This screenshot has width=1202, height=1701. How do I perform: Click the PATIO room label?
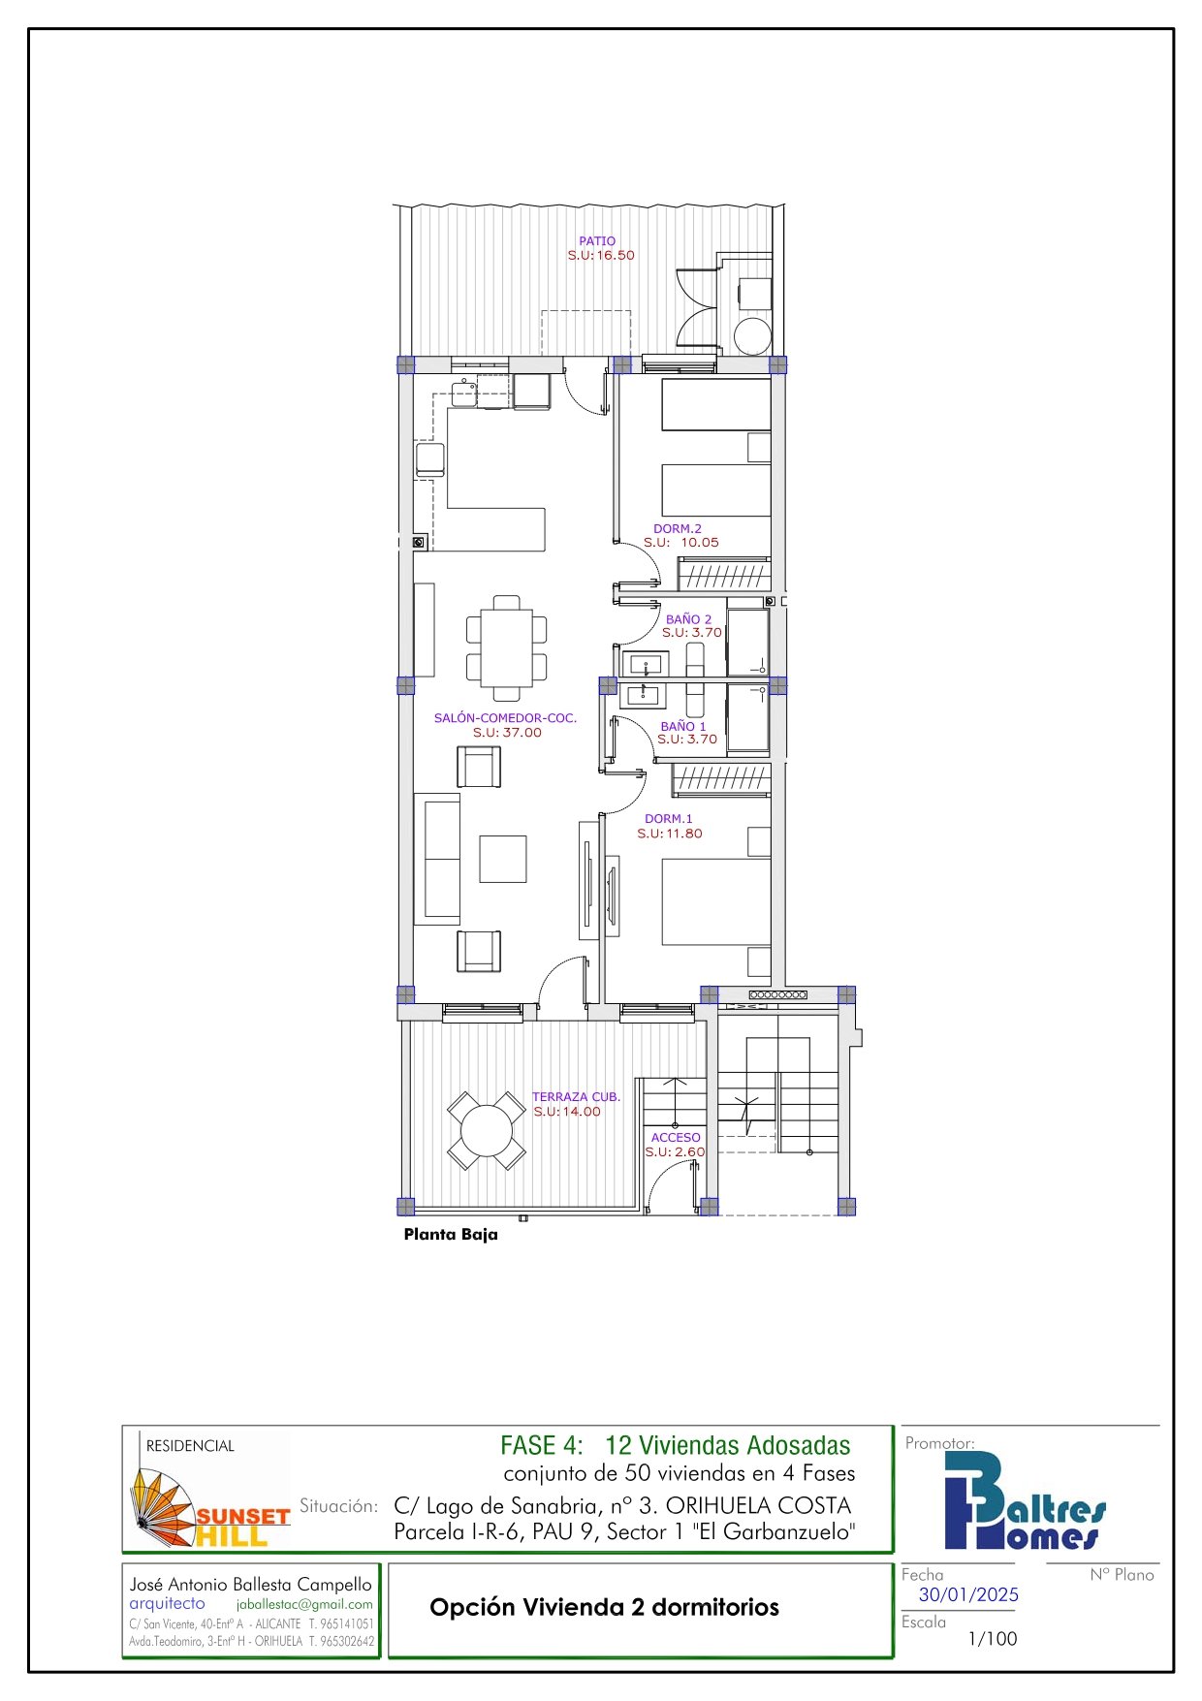point(597,241)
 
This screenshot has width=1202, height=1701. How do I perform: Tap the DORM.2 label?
point(678,529)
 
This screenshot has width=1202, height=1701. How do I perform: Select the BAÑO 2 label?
point(688,619)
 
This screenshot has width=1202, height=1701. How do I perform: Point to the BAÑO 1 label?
point(683,726)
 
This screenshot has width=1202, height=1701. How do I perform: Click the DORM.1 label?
point(669,819)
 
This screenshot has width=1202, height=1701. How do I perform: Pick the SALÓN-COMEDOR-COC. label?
point(505,718)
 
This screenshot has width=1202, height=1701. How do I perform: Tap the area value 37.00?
point(522,733)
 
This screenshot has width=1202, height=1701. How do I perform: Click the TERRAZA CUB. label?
point(576,1097)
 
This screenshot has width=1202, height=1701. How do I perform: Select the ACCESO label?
point(676,1138)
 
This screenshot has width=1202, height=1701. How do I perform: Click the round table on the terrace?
point(487,1131)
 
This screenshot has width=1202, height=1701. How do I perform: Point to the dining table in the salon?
point(507,647)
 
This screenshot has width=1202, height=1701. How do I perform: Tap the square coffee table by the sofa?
point(503,859)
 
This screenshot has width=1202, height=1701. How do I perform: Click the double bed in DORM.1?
point(716,901)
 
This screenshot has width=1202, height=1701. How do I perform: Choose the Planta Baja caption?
point(451,1235)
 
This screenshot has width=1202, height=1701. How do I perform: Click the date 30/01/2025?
point(968,1594)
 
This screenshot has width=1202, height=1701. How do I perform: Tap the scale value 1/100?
point(993,1639)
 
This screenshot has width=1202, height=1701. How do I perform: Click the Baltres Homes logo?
point(1025,1501)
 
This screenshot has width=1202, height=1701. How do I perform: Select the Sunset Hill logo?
point(210,1508)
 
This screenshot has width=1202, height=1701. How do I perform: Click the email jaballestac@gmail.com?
point(304,1604)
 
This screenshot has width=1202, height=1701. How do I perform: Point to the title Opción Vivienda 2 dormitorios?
point(604,1608)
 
